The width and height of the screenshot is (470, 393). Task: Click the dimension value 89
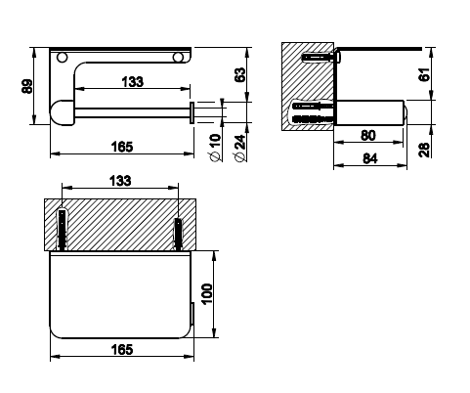27,86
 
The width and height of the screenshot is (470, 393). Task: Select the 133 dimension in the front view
133,82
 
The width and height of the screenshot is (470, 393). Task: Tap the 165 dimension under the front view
122,147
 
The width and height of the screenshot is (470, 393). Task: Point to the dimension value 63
240,75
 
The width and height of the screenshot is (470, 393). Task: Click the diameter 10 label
215,148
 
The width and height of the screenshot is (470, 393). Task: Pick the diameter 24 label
239,148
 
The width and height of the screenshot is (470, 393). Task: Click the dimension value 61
424,74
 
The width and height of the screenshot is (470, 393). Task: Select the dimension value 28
424,150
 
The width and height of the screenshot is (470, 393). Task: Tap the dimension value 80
368,135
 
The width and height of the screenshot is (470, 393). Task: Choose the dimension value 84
370,158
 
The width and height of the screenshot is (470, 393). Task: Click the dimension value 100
207,294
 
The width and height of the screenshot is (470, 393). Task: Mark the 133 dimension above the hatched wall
120,181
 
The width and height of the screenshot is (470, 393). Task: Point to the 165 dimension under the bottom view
122,350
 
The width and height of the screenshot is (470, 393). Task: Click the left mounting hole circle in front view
62,58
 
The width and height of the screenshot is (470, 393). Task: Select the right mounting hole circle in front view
178,58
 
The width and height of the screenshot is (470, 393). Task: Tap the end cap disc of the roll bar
192,112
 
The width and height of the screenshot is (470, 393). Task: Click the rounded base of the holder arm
62,112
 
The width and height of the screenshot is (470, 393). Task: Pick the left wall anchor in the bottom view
62,230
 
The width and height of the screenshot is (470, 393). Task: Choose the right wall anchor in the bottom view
178,234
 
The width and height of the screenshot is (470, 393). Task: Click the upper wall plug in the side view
320,58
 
